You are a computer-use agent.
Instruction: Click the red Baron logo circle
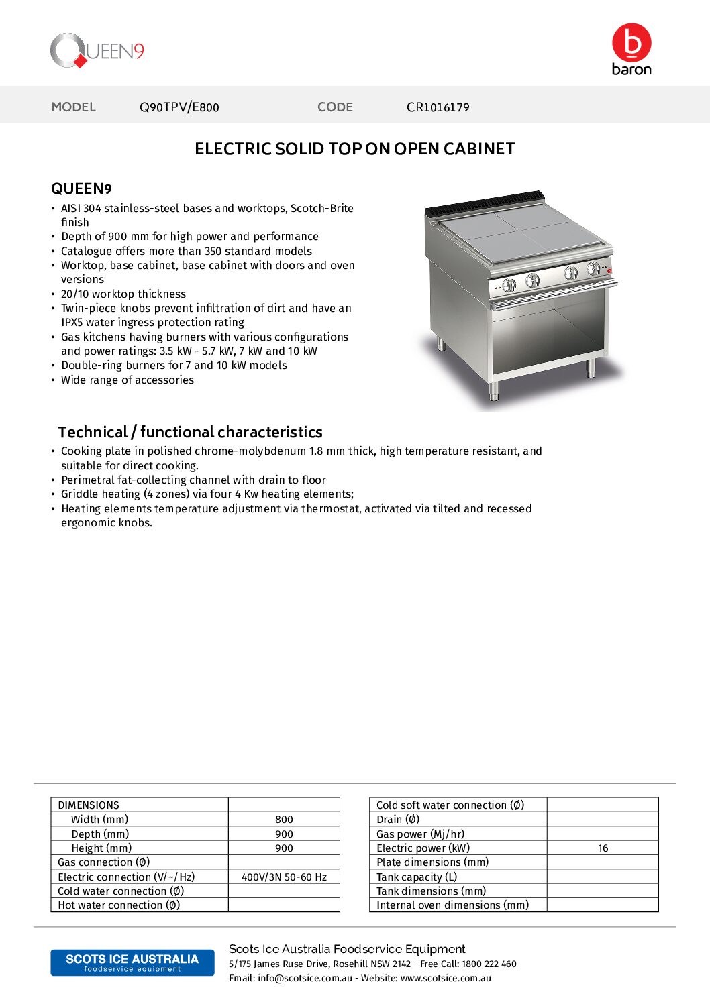[x=631, y=42]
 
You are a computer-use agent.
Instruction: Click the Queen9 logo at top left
[x=97, y=51]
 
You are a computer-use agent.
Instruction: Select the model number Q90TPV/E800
[x=179, y=107]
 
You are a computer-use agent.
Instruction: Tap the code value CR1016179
[x=438, y=107]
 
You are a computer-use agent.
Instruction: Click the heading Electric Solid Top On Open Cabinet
[x=354, y=149]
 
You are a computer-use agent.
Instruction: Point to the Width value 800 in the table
[x=284, y=820]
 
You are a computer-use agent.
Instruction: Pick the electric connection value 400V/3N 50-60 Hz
[x=284, y=877]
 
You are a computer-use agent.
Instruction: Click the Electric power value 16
[x=603, y=848]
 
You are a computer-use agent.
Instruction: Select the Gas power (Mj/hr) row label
[x=420, y=834]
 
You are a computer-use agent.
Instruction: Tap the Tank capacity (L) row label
[x=417, y=877]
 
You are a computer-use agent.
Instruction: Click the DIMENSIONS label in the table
[x=89, y=805]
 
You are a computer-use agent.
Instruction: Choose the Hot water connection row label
[x=119, y=905]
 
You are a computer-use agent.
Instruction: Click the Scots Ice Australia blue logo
[x=132, y=962]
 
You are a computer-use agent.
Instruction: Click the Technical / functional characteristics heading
[x=190, y=432]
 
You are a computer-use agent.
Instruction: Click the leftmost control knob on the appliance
[x=509, y=285]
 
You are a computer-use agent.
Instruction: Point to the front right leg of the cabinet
[x=591, y=368]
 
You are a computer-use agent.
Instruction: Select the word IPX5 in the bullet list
[x=72, y=323]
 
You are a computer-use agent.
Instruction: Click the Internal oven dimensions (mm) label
[x=452, y=905]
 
